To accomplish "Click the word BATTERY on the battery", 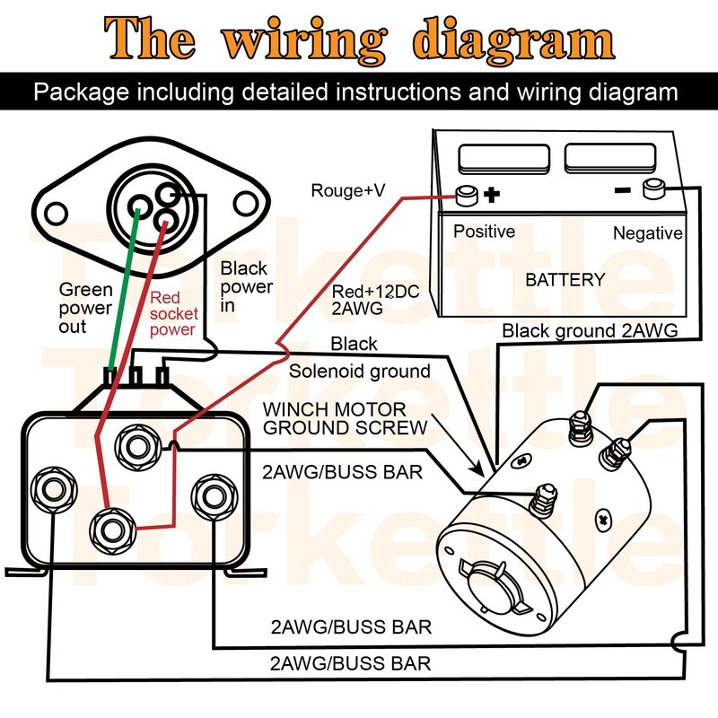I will coord(565,280).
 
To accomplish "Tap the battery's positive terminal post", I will coord(466,193).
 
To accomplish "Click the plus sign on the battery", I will coord(491,194).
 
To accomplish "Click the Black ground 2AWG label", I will coord(590,330).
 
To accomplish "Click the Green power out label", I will coord(85,308).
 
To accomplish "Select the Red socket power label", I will coord(172,313).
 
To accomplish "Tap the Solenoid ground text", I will coord(360,371).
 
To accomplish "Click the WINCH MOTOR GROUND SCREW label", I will coord(345,418).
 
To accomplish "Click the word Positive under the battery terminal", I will coord(484,232).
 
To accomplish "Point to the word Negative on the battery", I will coord(648,233).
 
